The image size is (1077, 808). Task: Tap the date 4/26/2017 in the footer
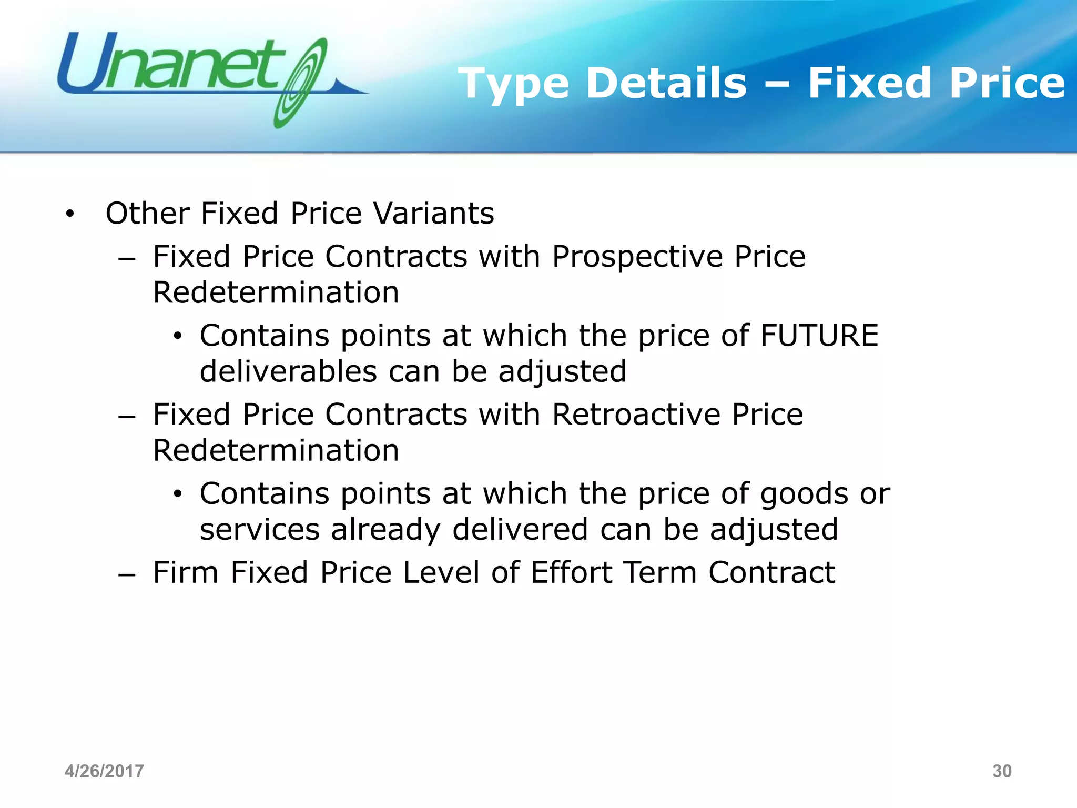click(x=104, y=771)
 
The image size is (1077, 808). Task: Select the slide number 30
click(x=1002, y=771)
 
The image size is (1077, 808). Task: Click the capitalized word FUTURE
click(x=819, y=335)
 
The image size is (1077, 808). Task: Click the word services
click(x=260, y=529)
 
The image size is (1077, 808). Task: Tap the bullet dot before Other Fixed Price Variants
click(x=69, y=215)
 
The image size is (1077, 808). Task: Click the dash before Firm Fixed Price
click(x=127, y=574)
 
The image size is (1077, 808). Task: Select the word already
click(x=385, y=530)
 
